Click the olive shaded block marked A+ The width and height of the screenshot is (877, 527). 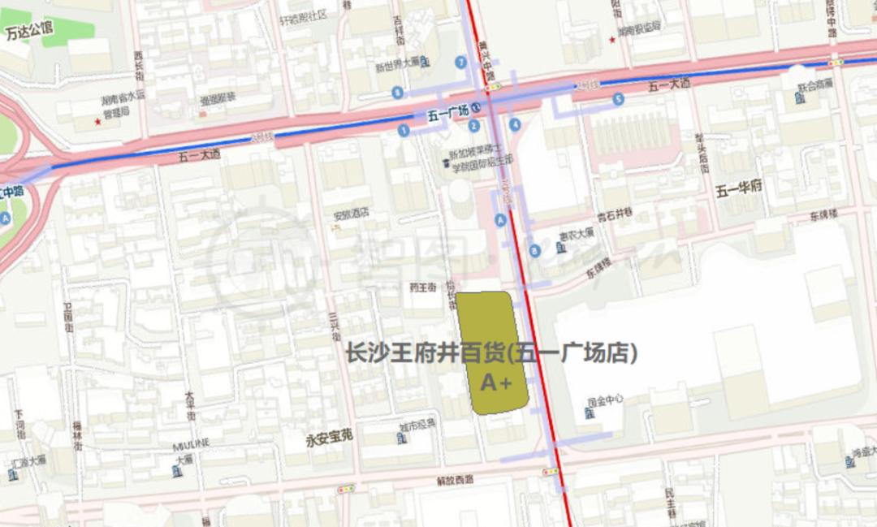(492, 353)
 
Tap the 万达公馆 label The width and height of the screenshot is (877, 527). (28, 32)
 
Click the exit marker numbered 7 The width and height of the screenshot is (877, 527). (461, 62)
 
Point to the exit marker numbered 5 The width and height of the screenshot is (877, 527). (619, 99)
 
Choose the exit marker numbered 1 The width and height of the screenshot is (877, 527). (404, 130)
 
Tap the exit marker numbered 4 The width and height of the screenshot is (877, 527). (515, 124)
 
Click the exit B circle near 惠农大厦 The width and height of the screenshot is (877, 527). (534, 251)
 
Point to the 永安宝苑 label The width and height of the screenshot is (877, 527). (330, 439)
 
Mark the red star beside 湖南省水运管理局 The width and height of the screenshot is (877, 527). (97, 122)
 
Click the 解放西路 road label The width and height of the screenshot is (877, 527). (455, 480)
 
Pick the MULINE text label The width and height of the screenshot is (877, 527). (191, 443)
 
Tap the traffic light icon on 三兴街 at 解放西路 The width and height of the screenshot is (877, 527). (347, 489)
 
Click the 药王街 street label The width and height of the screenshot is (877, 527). (422, 287)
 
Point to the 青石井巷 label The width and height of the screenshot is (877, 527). (615, 218)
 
